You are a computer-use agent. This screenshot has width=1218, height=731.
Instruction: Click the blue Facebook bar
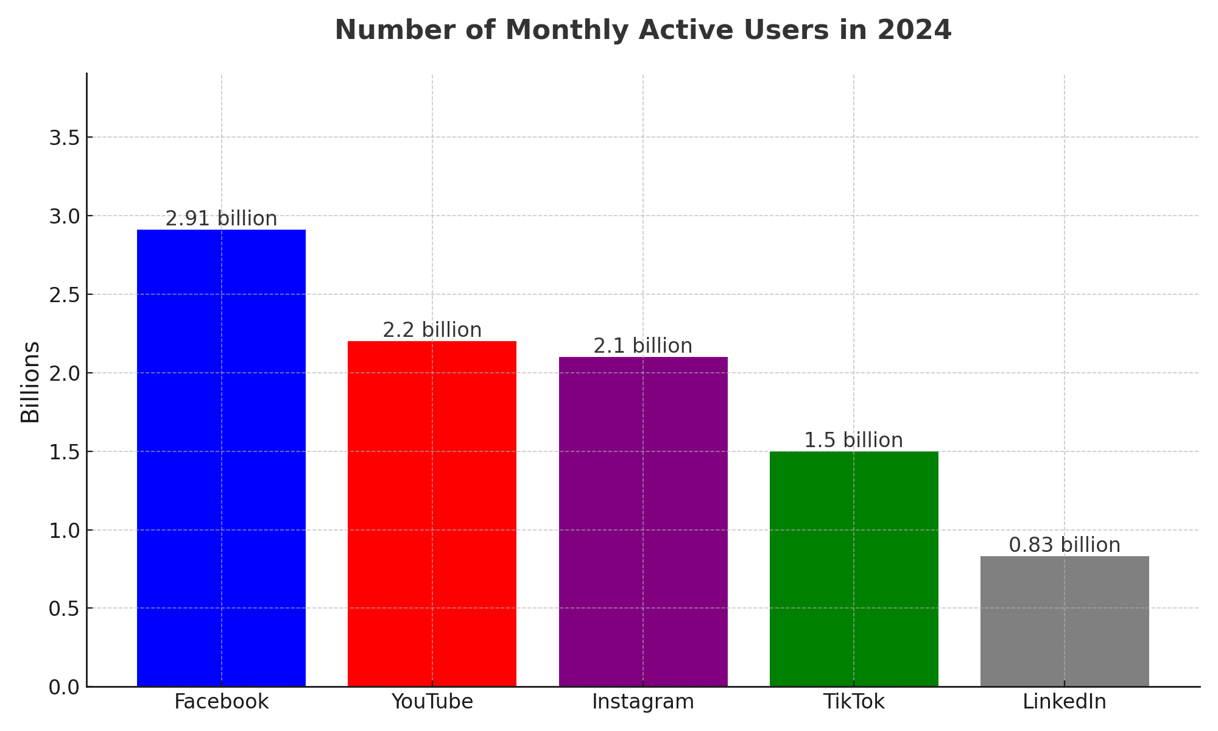[x=221, y=457]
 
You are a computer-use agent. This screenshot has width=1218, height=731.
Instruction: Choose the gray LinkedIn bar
[x=1065, y=621]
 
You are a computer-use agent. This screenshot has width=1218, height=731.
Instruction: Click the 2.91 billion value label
[x=221, y=219]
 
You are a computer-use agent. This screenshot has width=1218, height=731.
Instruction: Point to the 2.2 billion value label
[x=432, y=330]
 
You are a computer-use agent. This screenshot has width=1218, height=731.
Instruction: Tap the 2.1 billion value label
[x=643, y=346]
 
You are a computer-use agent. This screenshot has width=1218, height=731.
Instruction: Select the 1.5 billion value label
[x=854, y=440]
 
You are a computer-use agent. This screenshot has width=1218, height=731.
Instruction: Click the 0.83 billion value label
[x=1065, y=545]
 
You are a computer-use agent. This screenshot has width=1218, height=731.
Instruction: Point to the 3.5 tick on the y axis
[x=65, y=138]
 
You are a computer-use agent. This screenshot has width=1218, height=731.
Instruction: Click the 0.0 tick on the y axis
[x=65, y=687]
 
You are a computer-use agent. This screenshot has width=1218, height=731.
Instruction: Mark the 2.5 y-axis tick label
[x=65, y=295]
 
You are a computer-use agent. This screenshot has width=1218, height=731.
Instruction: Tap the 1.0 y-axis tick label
[x=65, y=531]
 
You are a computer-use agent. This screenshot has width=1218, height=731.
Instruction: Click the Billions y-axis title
[x=30, y=382]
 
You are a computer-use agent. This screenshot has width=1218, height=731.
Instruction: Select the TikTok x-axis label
[x=854, y=702]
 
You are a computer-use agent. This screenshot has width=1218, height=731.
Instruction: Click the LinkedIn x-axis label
[x=1065, y=702]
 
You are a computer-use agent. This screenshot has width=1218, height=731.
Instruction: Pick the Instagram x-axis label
[x=643, y=702]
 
